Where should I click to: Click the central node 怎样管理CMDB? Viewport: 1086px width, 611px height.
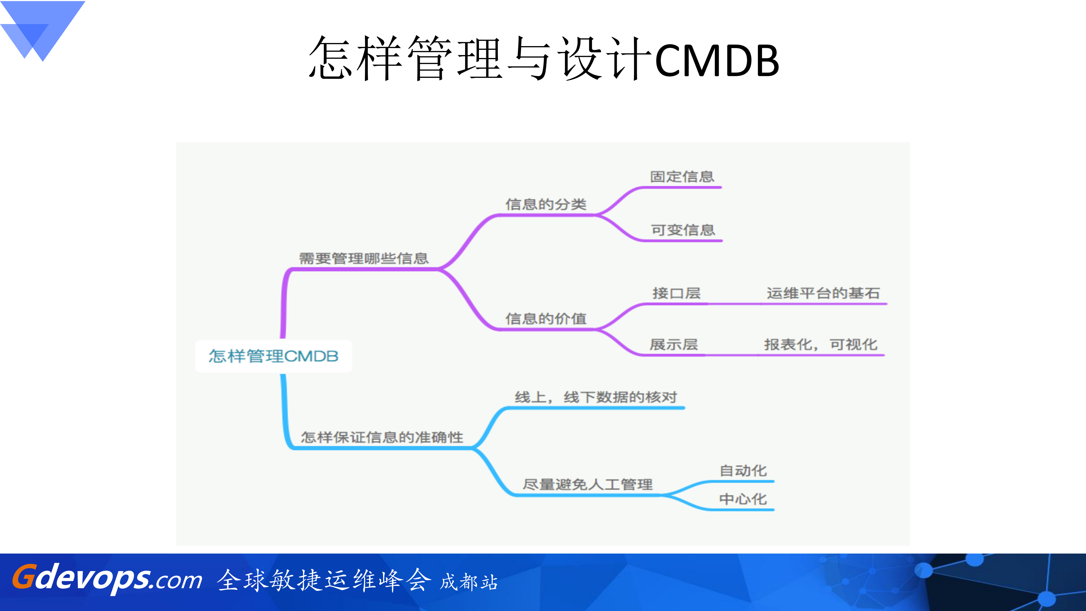click(273, 356)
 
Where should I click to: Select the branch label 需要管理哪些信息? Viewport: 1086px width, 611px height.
click(364, 258)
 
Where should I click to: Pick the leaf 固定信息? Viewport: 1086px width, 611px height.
click(682, 177)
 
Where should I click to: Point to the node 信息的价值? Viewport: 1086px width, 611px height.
click(546, 319)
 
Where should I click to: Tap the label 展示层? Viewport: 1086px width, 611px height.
click(674, 344)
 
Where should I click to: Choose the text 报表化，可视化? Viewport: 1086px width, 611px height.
click(820, 344)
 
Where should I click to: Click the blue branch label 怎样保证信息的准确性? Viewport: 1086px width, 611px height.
click(382, 437)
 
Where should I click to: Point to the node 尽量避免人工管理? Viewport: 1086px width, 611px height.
click(588, 484)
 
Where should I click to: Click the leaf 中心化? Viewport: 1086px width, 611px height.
click(743, 499)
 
